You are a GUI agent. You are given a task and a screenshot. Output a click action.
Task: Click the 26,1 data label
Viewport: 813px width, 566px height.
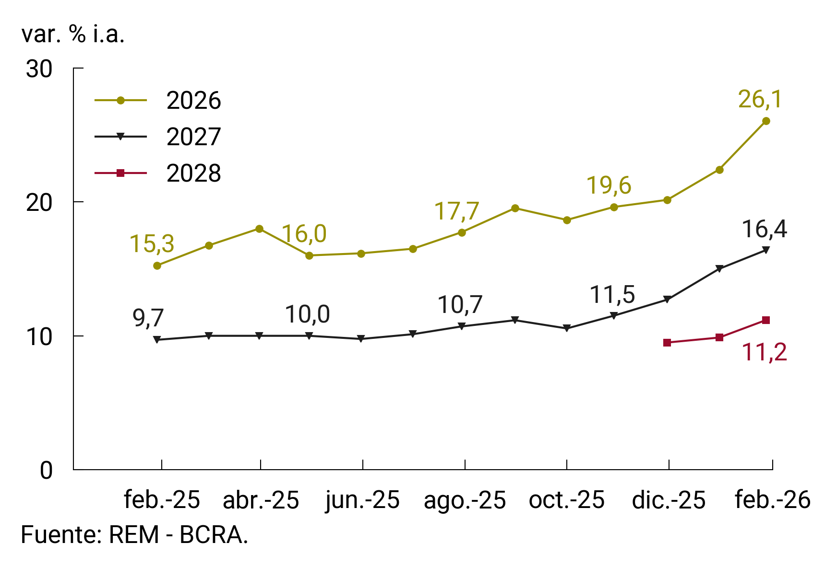point(760,100)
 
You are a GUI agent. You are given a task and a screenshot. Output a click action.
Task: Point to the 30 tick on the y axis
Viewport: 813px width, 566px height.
point(39,69)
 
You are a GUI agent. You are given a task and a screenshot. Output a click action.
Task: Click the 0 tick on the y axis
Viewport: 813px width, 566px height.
point(46,471)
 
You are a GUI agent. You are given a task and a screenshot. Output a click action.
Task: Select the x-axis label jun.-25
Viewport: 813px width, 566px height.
point(362,500)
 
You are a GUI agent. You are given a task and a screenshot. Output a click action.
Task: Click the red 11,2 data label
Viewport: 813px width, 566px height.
point(764,353)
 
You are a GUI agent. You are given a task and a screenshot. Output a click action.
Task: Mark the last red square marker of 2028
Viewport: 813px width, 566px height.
point(766,320)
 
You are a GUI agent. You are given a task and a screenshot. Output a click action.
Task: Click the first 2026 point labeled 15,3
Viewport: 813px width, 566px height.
point(157,266)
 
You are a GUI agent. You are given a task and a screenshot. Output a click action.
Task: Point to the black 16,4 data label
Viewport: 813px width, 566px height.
point(764,230)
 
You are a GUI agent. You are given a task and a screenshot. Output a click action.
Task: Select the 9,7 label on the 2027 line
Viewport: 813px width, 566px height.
point(148,318)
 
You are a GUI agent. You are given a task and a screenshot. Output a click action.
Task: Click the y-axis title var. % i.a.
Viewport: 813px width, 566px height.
point(73,35)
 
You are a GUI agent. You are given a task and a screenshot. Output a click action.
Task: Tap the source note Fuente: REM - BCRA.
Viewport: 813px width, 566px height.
point(134,535)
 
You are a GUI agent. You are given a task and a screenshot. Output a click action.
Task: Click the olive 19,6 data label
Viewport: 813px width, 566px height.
point(609,186)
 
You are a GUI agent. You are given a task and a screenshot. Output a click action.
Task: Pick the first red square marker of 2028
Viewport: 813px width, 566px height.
point(667,343)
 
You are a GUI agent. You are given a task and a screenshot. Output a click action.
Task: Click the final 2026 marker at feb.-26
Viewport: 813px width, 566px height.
point(766,121)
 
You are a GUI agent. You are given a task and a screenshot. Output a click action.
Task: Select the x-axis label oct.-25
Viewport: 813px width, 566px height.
point(566,500)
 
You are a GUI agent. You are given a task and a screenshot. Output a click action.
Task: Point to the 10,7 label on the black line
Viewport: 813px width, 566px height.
point(460,305)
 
